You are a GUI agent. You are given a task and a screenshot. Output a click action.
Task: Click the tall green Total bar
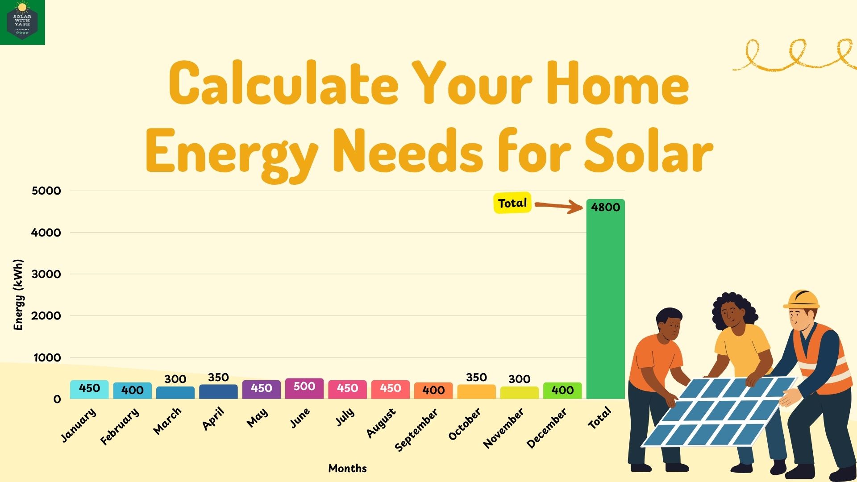pyautogui.click(x=605, y=303)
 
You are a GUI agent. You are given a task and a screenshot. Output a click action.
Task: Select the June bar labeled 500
pyautogui.click(x=304, y=388)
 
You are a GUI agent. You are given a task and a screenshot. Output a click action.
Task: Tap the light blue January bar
pyautogui.click(x=89, y=389)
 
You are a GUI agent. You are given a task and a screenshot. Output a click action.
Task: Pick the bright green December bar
pyautogui.click(x=562, y=391)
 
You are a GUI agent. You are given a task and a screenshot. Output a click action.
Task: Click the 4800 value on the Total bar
pyautogui.click(x=605, y=207)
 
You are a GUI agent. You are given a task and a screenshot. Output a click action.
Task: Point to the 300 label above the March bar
pyautogui.click(x=175, y=379)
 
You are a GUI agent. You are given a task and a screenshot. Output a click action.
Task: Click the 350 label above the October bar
pyautogui.click(x=476, y=378)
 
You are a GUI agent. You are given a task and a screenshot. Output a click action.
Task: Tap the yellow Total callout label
pyautogui.click(x=512, y=203)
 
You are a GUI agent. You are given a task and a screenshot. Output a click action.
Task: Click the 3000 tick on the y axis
pyautogui.click(x=46, y=274)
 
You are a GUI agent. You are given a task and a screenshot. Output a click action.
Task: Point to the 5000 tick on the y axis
pyautogui.click(x=46, y=191)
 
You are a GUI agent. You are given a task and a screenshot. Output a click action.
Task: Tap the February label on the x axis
pyautogui.click(x=119, y=427)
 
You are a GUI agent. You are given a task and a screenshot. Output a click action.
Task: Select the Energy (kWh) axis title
pyautogui.click(x=18, y=295)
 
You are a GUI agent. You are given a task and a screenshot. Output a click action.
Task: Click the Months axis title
pyautogui.click(x=347, y=468)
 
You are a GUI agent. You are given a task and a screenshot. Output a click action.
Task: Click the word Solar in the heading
pyautogui.click(x=648, y=151)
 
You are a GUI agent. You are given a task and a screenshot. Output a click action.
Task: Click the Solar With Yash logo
pyautogui.click(x=22, y=22)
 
